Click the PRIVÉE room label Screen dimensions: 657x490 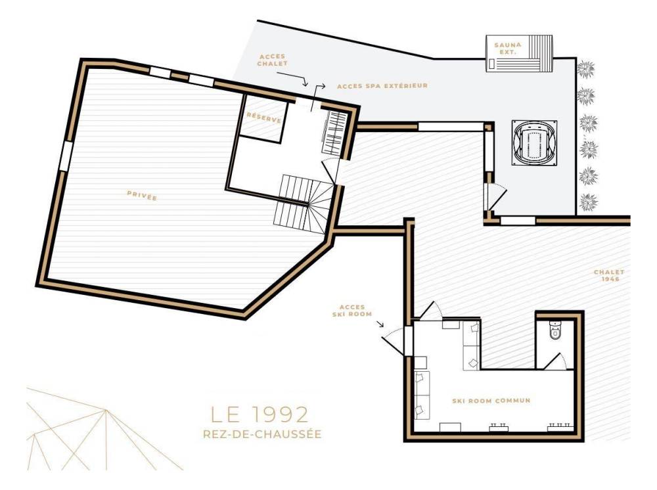(x=142, y=196)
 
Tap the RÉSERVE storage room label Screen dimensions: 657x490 (x=263, y=118)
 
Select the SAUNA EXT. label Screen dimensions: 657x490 (x=507, y=48)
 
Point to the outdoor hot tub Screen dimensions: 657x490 (x=534, y=143)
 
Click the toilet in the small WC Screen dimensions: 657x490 (x=555, y=329)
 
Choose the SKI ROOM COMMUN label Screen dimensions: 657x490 (x=491, y=401)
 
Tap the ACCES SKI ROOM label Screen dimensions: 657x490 (x=352, y=310)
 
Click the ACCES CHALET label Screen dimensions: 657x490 (x=273, y=60)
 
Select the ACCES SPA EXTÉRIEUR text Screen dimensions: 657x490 (x=382, y=85)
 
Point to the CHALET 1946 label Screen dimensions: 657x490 (x=609, y=275)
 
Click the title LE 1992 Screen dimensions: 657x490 (x=260, y=414)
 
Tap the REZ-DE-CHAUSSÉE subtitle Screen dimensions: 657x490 (x=262, y=434)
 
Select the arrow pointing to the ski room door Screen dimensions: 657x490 (x=380, y=323)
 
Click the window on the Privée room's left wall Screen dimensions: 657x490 (x=66, y=156)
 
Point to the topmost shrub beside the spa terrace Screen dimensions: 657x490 (x=585, y=69)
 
